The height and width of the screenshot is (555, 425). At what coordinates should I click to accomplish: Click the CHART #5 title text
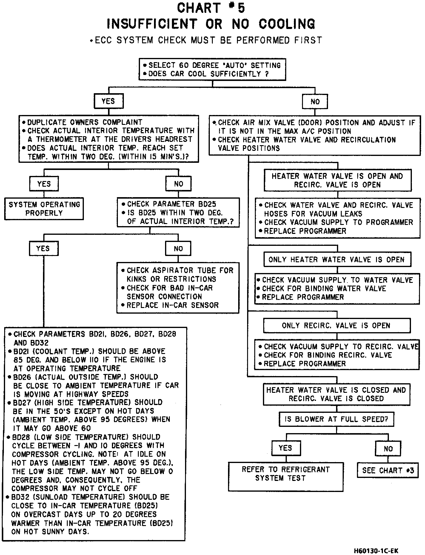(x=211, y=8)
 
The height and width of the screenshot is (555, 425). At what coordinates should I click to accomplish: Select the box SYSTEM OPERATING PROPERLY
(x=44, y=208)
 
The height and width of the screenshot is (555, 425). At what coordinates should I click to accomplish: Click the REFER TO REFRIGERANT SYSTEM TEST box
(x=286, y=477)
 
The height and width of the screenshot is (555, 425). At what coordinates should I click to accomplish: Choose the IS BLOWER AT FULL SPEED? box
(x=336, y=419)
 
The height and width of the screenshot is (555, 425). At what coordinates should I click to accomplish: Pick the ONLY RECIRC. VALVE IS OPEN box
(x=336, y=325)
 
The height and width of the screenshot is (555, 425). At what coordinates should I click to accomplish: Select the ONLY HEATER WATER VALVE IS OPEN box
(x=337, y=259)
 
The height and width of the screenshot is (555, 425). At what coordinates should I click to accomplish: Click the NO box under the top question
(x=315, y=102)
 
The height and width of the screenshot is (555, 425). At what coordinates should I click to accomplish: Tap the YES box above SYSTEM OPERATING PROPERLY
(x=44, y=184)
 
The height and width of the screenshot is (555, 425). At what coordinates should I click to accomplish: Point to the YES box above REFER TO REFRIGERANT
(x=286, y=448)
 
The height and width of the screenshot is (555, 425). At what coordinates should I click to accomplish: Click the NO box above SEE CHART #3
(x=388, y=448)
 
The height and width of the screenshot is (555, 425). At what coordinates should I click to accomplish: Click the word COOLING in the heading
(x=287, y=24)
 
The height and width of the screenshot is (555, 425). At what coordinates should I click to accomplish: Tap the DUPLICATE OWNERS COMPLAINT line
(x=85, y=122)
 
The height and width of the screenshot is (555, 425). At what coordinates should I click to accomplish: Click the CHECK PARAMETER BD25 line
(x=171, y=204)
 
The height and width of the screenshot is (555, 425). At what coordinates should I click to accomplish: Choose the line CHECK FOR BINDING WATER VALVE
(x=324, y=288)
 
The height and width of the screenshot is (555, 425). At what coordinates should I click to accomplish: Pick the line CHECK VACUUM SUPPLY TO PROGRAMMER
(x=338, y=222)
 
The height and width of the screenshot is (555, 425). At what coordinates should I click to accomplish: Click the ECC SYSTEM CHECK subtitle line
(x=208, y=40)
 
